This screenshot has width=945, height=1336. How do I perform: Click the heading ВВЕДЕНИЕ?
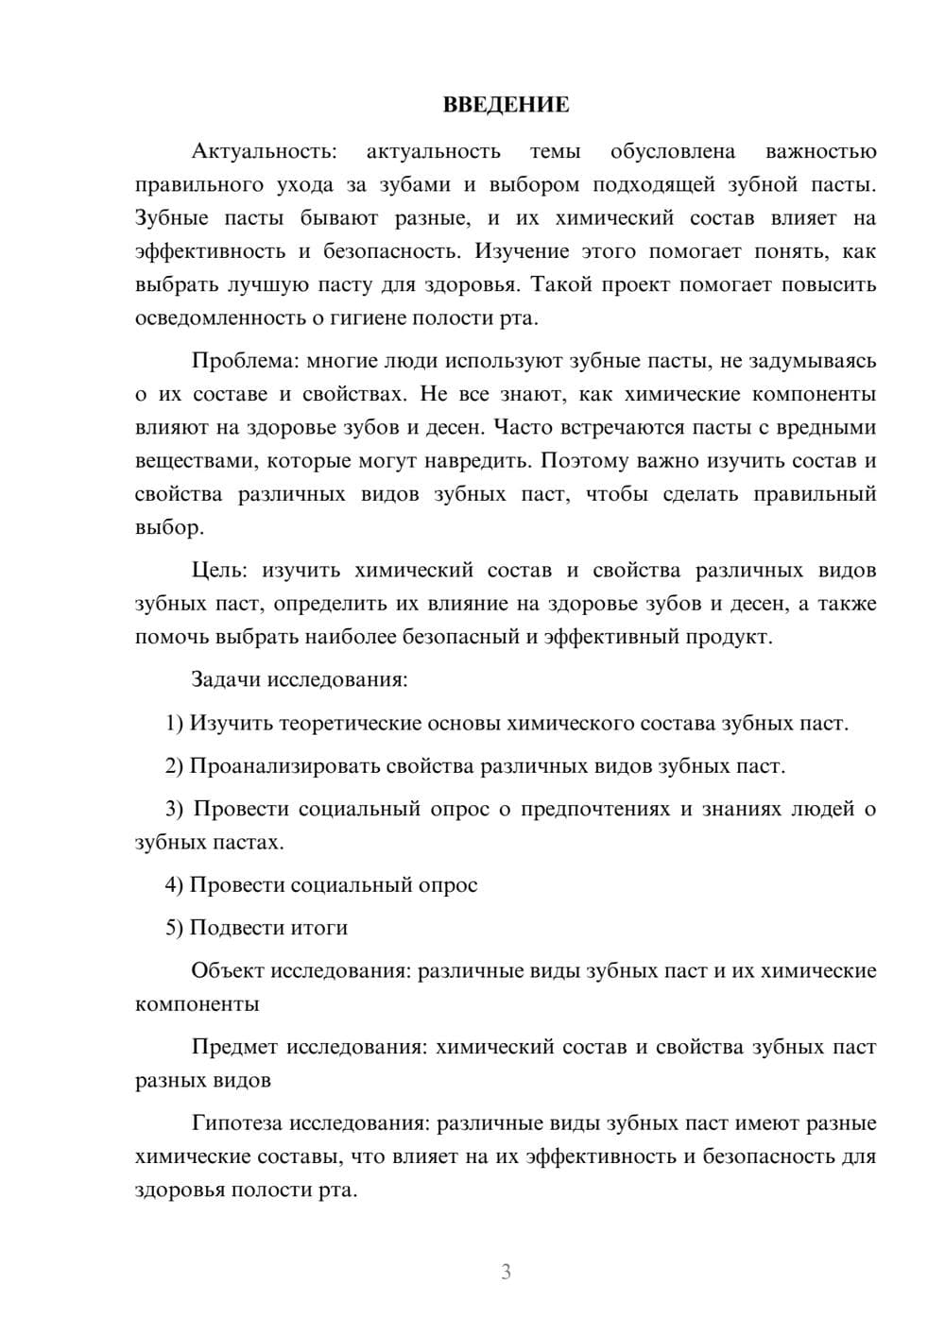506,105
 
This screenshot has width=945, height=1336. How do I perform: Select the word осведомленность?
220,317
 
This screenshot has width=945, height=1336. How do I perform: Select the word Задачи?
227,679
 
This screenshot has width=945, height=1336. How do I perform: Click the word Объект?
228,970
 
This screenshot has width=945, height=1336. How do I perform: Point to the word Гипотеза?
236,1122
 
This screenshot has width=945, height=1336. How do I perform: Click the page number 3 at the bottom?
506,1272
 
